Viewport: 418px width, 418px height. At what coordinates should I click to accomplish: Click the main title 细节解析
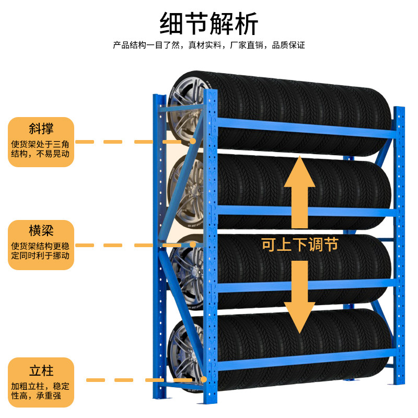point(209,24)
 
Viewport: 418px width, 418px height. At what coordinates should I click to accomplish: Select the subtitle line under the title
point(209,45)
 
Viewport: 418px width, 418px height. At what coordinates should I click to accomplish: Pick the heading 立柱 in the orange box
point(41,371)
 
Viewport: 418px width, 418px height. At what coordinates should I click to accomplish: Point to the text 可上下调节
point(299,244)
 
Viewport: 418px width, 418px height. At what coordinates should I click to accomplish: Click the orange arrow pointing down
point(299,295)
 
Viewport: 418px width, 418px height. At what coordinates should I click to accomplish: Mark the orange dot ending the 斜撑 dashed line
point(193,142)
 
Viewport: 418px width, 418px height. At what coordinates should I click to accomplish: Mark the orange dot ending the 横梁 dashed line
point(193,245)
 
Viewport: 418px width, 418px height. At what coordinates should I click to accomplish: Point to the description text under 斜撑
point(41,149)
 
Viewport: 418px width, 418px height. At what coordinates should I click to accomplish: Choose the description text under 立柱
point(41,391)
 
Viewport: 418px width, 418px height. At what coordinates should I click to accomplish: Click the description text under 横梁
point(41,251)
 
